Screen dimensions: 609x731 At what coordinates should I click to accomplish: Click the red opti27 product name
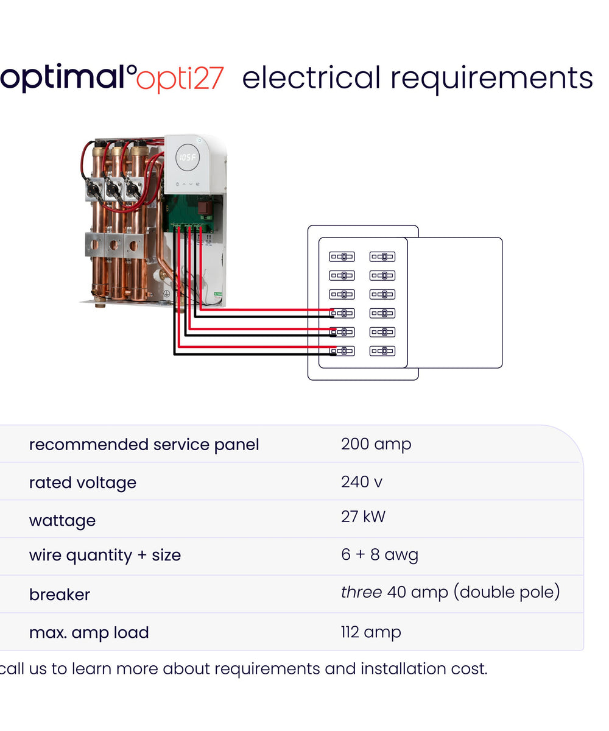coord(180,79)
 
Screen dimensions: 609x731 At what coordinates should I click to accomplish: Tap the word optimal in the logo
coord(63,78)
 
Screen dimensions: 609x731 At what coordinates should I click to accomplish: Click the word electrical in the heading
coord(311,78)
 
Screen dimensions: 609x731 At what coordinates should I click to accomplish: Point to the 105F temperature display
coord(188,157)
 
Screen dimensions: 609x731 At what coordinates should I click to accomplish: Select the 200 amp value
coord(376,445)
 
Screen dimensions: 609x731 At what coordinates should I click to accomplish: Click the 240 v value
coord(362,482)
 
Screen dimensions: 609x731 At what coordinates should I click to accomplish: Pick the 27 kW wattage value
coord(363,517)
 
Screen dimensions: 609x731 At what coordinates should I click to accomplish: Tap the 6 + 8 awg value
coord(379,555)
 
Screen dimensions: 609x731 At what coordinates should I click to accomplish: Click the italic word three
coord(361,592)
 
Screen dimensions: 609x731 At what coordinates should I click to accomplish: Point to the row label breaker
coord(60,595)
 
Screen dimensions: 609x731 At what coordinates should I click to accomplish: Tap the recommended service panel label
coord(144,445)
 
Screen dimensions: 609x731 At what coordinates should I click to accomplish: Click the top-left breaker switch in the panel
coord(342,256)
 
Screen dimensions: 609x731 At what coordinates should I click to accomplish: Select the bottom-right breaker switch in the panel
coord(382,351)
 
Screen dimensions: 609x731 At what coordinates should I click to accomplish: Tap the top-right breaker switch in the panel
coord(382,256)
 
